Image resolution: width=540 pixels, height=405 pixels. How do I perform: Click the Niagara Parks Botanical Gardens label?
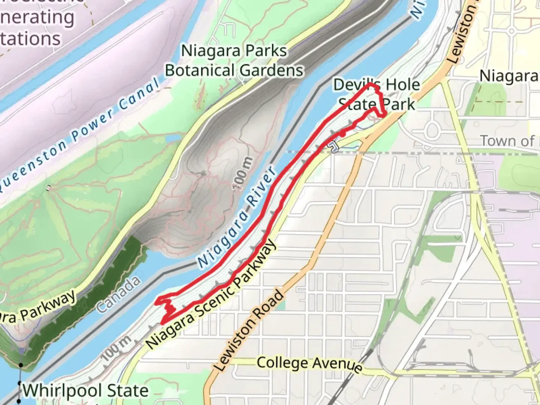point(234,61)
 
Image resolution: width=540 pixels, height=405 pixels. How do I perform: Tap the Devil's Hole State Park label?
point(376,94)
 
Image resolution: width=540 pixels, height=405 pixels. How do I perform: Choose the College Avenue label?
point(310,364)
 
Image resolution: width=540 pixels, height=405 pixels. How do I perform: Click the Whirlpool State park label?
point(85,391)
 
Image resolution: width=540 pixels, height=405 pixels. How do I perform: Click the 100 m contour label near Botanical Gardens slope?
point(242,174)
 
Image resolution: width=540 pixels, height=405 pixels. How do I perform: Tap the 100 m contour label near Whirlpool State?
point(117,348)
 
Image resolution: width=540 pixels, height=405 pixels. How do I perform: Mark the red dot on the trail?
point(343,133)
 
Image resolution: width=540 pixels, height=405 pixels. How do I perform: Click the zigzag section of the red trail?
point(168,309)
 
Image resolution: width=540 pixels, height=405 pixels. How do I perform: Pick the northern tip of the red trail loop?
point(370,85)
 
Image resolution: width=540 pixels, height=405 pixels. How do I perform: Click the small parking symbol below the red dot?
point(333,147)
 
